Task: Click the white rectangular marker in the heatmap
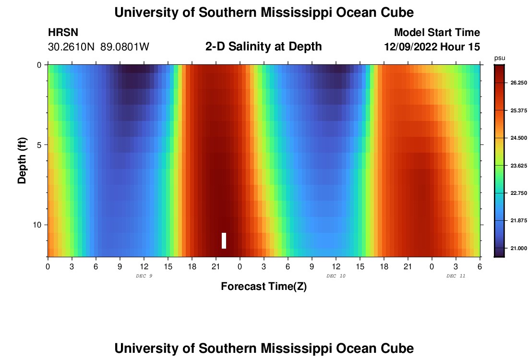tap(224, 240)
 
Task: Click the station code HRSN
tap(63, 33)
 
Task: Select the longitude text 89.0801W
tap(125, 47)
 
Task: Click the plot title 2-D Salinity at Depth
tap(264, 47)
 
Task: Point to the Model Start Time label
tap(437, 33)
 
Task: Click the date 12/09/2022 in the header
tap(413, 47)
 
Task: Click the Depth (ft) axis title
tap(22, 160)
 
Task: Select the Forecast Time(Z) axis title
tap(264, 287)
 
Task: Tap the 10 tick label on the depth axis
tap(38, 225)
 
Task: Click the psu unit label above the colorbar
tap(500, 58)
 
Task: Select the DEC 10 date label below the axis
tap(336, 276)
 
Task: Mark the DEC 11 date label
tap(456, 276)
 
